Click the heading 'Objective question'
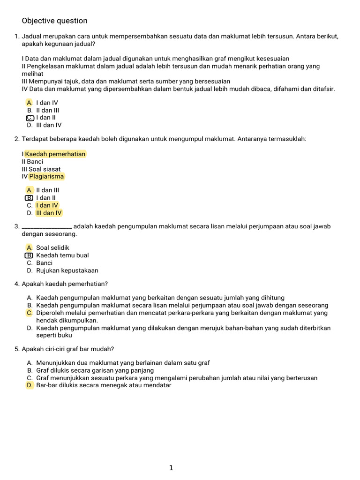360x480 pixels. pos(54,21)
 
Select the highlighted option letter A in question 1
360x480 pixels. pos(30,103)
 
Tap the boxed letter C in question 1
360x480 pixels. pos(30,118)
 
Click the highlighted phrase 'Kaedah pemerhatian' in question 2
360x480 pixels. pos(55,154)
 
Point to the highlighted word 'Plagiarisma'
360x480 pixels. pos(46,177)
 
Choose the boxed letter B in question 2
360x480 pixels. pos(30,198)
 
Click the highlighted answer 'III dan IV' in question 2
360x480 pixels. pos(49,213)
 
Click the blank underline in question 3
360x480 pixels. pos(47,227)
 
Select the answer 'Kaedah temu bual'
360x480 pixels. pos(62,255)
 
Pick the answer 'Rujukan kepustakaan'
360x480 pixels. pos(67,270)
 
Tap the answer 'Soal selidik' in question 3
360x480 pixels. pos(52,247)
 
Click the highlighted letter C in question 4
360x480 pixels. pos(30,313)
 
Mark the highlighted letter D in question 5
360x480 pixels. pos(30,385)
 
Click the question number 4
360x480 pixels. pos(17,284)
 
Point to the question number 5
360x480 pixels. pos(17,349)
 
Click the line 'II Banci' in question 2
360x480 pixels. pos(32,162)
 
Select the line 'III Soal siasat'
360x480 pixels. pos(41,169)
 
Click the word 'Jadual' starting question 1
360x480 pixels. pos(32,37)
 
